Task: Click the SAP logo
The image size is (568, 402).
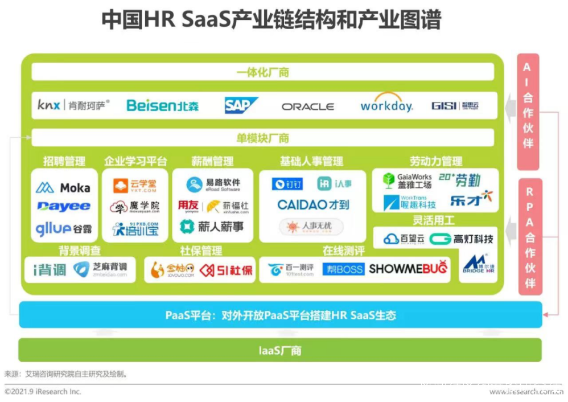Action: [241, 105]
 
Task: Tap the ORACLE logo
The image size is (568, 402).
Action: [308, 106]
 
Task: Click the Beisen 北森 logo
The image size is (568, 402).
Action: [162, 105]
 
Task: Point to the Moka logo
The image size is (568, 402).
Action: [63, 187]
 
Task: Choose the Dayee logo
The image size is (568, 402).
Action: [63, 206]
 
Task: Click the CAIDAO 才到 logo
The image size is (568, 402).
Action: [313, 204]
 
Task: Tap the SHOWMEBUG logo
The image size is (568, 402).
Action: [408, 269]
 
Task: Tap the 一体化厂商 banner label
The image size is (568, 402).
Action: [262, 72]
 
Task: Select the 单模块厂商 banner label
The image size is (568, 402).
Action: [262, 138]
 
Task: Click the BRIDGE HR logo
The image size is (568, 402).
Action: [478, 265]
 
